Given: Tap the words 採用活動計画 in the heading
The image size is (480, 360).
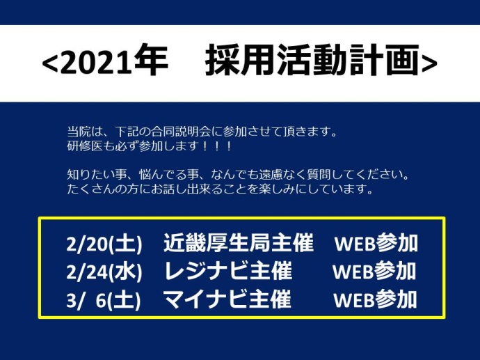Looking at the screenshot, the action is coord(312,60).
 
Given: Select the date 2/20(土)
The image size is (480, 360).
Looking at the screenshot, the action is coord(104,244).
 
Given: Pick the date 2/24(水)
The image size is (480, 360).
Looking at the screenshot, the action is coord(104,272).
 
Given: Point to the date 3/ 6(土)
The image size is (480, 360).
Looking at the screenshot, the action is coord(104,300).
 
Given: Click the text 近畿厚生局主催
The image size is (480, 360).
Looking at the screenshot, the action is coord(239,242).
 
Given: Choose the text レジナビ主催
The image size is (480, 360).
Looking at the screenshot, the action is coord(228,271).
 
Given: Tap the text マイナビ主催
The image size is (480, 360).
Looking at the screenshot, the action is coord(227,299).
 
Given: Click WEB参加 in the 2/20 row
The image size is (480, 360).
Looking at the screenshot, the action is coord(376,243).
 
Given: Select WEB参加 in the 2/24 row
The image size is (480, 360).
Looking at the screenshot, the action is coord(374,271).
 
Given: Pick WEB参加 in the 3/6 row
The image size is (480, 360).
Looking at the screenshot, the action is coord(376,299).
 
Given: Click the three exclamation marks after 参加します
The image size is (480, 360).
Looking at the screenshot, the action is coord(217,146).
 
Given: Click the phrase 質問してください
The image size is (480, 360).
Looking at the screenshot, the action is coord(344,175).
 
